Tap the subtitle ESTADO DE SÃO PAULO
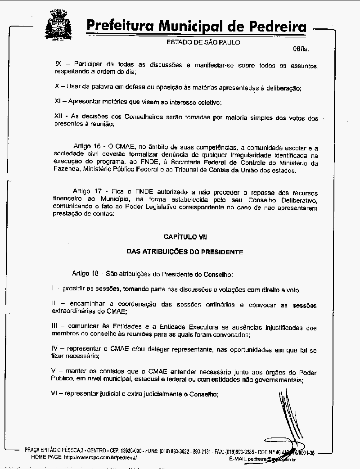203,42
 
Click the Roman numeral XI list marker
57,102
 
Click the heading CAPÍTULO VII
185,236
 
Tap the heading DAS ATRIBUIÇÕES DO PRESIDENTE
185,252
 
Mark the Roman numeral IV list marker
55,349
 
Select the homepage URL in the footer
100,457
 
